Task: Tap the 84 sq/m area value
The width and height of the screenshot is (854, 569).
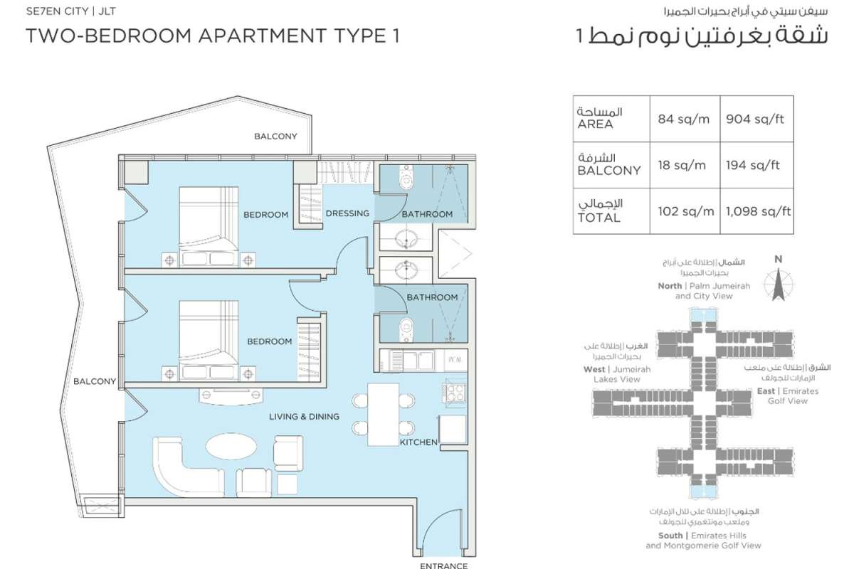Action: [684, 119]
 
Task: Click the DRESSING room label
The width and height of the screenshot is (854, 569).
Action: [347, 213]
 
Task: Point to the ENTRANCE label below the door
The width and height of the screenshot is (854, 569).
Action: [444, 565]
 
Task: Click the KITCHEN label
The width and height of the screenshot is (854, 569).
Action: [418, 442]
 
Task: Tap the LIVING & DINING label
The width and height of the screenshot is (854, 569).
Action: [305, 417]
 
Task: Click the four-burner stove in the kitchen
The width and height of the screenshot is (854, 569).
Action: [454, 393]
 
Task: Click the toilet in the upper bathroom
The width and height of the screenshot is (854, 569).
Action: [407, 178]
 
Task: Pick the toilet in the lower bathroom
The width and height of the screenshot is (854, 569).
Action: [406, 329]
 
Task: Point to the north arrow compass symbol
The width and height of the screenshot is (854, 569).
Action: [778, 284]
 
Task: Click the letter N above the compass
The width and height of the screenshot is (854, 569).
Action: [778, 259]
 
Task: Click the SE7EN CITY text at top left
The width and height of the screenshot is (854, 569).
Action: [57, 11]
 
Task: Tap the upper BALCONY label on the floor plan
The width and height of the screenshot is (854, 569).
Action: [275, 137]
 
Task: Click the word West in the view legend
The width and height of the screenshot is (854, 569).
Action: [594, 369]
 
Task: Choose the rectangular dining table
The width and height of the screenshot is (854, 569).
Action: [383, 414]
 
